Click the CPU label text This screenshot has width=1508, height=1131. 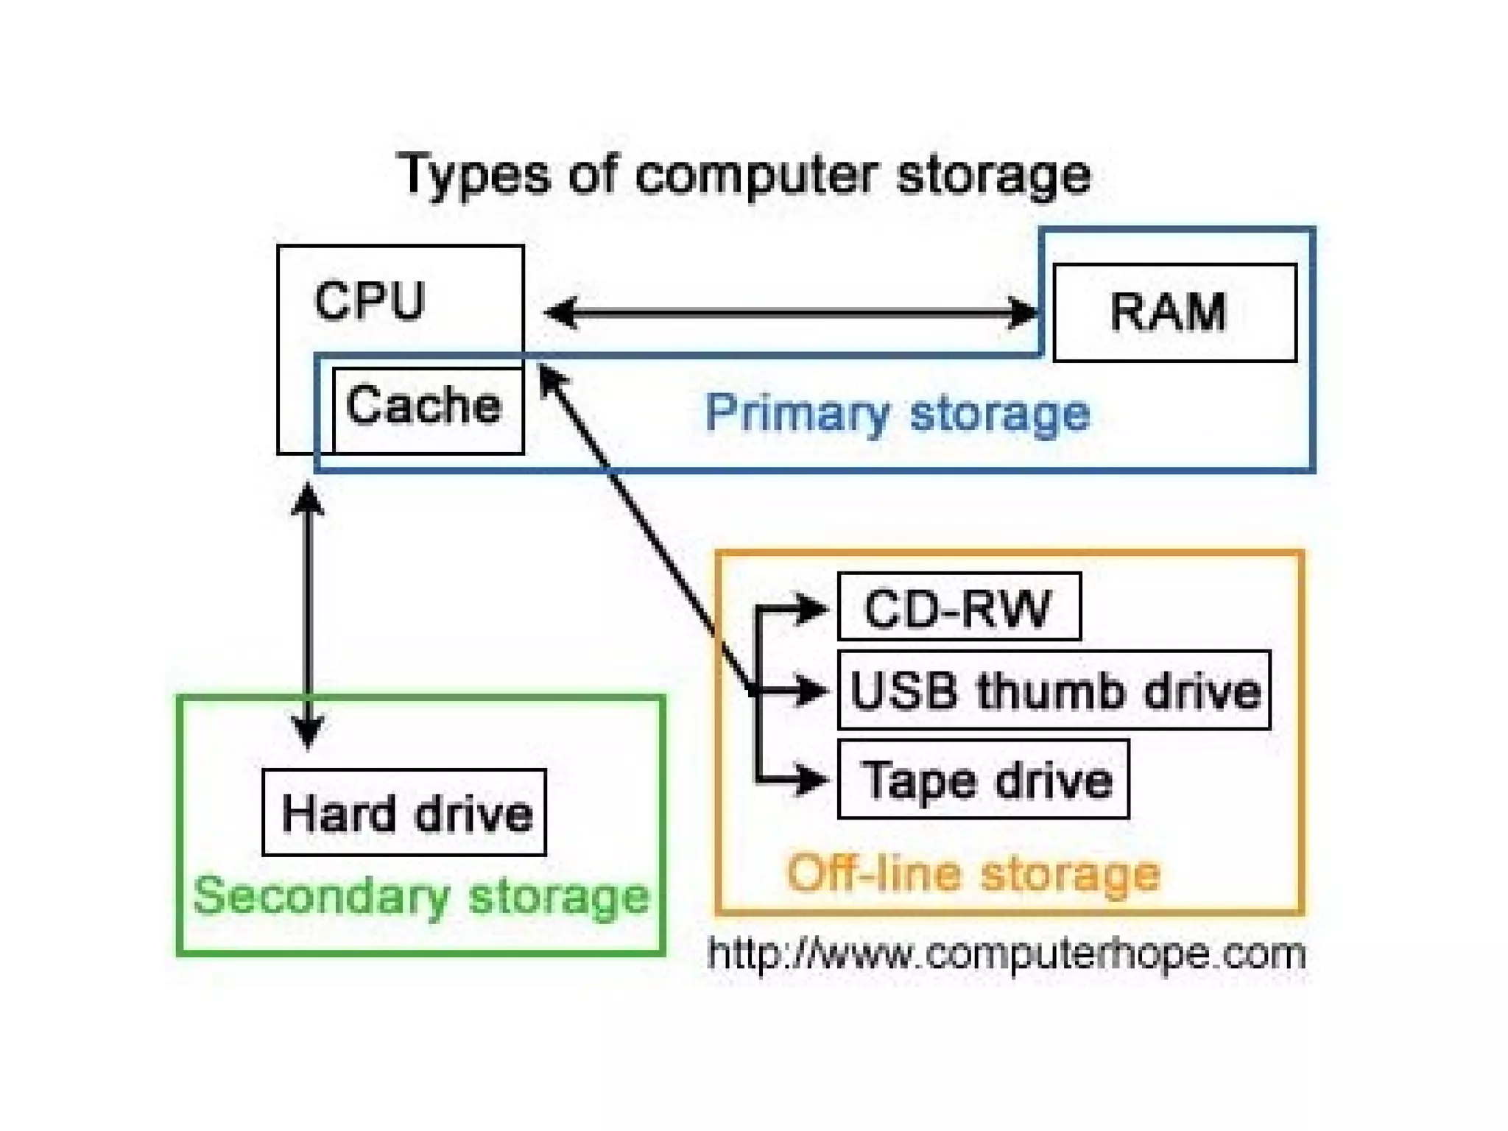369,301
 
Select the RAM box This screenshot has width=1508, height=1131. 1174,312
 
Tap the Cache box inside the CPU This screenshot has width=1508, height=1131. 427,409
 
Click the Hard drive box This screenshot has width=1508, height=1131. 404,812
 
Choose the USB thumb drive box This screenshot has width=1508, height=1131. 1054,691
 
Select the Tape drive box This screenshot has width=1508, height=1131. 983,780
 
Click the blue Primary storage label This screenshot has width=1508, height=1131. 897,412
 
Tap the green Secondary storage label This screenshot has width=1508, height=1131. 420,896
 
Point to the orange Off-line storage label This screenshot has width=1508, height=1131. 973,873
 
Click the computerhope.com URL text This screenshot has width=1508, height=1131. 1006,954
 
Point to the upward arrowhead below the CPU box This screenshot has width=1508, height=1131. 308,501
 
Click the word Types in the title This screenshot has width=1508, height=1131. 474,175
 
